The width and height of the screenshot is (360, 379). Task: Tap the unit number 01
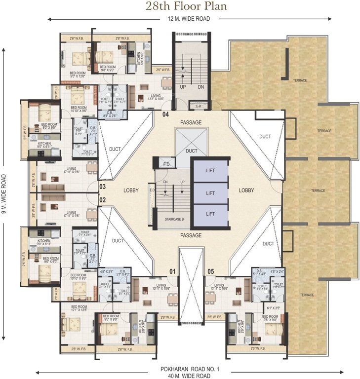tap(173, 271)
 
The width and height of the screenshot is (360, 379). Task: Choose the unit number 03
tap(103, 187)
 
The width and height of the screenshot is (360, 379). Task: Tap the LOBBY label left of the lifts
tap(131, 190)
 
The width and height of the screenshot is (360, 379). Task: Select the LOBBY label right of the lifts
tap(246, 190)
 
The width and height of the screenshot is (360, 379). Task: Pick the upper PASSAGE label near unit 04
tap(191, 122)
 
